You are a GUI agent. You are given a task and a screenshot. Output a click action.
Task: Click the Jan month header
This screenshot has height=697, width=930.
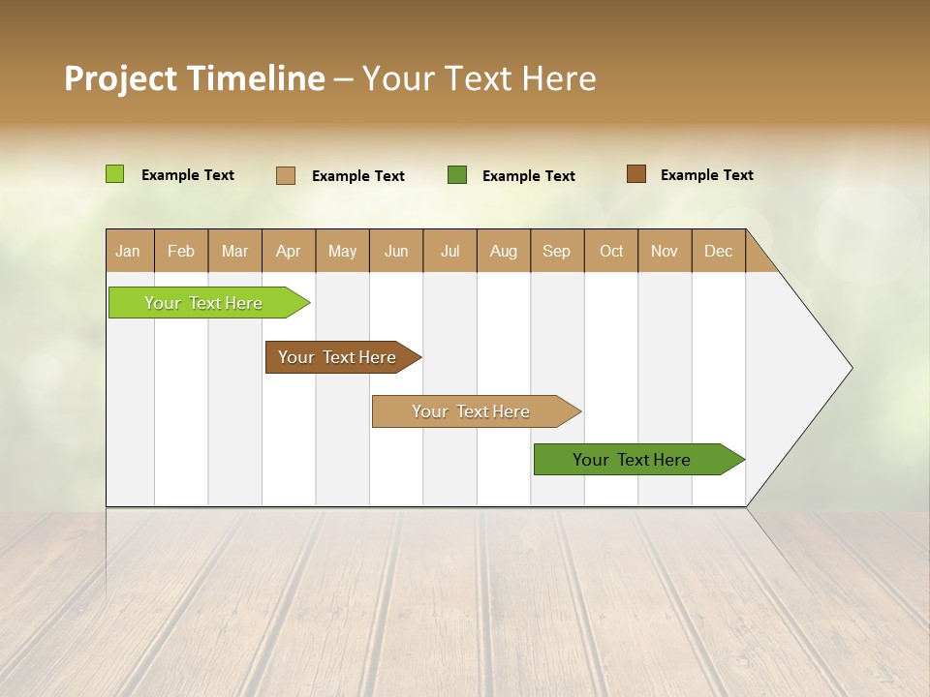(x=128, y=251)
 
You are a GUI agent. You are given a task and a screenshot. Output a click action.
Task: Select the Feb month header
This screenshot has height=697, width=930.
(x=181, y=251)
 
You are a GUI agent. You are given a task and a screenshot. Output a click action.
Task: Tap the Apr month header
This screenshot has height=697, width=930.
(x=289, y=251)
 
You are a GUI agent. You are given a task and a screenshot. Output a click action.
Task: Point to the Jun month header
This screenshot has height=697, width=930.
(x=396, y=251)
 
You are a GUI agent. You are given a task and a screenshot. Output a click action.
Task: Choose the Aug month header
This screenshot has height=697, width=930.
(x=504, y=251)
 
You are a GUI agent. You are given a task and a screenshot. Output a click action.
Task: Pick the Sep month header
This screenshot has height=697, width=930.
(x=557, y=251)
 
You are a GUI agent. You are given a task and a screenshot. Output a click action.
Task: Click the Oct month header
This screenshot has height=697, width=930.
(x=611, y=251)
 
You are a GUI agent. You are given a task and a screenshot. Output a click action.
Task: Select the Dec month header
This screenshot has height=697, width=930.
(x=719, y=251)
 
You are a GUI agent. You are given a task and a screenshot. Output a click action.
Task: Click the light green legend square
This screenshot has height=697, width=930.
(x=115, y=174)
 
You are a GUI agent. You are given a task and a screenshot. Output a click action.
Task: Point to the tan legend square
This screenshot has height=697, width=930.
(x=286, y=175)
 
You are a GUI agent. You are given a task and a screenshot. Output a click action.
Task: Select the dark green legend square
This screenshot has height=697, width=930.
(x=457, y=175)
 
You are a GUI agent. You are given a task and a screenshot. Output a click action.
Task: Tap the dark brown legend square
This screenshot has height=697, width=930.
(x=636, y=174)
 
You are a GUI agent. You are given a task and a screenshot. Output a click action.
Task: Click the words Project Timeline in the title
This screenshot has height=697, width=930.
(x=194, y=78)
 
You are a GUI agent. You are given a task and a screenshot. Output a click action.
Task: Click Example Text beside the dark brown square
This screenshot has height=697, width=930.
(x=706, y=175)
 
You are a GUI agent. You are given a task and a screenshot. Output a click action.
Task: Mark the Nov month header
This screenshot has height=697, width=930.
(x=665, y=251)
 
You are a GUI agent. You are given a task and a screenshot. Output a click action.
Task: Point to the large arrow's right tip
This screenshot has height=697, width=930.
(x=850, y=368)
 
